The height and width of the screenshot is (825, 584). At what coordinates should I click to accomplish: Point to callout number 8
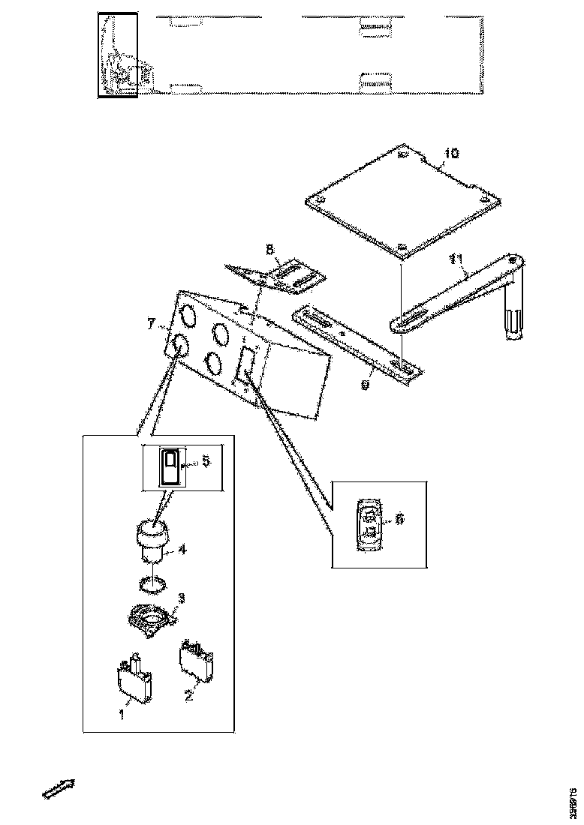pyautogui.click(x=269, y=247)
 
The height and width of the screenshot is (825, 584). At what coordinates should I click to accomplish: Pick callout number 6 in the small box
pyautogui.click(x=399, y=517)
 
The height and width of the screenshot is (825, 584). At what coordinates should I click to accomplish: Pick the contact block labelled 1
pyautogui.click(x=134, y=678)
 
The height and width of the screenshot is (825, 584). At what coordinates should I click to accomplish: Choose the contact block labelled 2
pyautogui.click(x=196, y=660)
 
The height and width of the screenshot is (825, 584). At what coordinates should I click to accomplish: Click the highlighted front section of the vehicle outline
pyautogui.click(x=117, y=55)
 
